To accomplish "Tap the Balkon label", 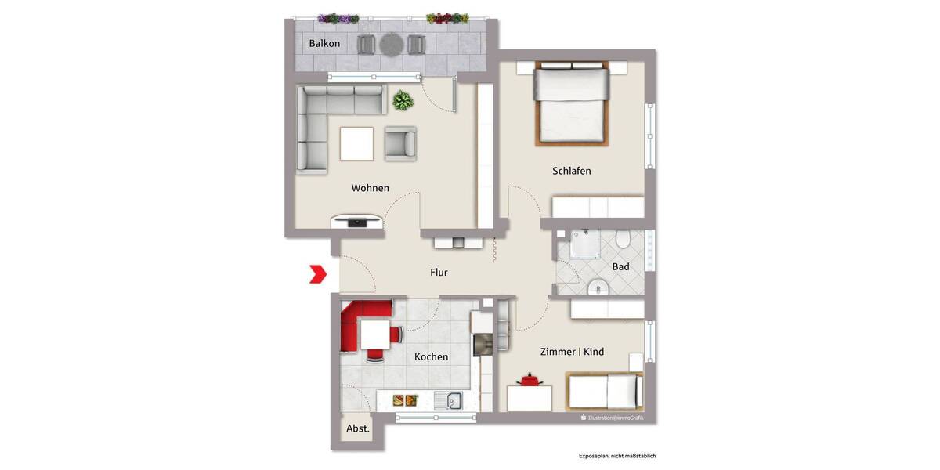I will click(324, 44).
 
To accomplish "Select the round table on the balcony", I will click(390, 45).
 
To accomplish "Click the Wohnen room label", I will click(370, 188).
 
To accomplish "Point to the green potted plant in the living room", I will click(403, 100).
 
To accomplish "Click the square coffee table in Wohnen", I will click(357, 143).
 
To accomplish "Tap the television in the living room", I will click(357, 222).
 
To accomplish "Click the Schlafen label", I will click(571, 171).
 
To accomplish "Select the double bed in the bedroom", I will click(571, 106).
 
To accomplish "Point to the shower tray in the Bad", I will click(580, 244).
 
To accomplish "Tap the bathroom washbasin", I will click(597, 287).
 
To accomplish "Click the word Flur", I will click(439, 273).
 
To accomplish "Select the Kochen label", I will click(431, 357).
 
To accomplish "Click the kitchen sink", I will click(454, 402).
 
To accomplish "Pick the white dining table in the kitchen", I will click(374, 335).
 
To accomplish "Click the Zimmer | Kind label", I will click(572, 352).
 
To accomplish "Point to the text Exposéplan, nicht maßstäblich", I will click(616, 455).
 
